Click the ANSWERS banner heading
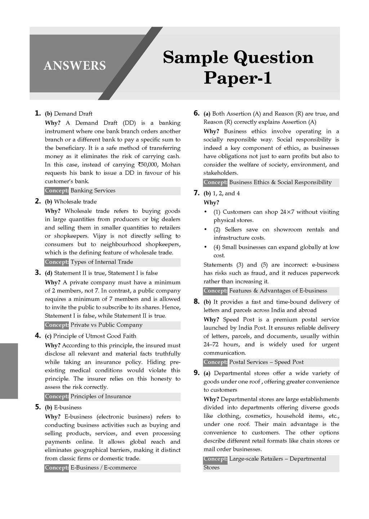coord(75,66)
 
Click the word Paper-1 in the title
coord(237,78)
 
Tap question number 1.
coord(37,113)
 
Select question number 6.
coord(196,113)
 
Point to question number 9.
coord(196,373)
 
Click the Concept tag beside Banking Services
coord(57,191)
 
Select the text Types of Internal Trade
coord(102,262)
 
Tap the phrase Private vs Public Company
coord(106,325)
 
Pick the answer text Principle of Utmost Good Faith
coord(95,336)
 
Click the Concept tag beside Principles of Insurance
coord(57,396)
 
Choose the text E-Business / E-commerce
coord(103,468)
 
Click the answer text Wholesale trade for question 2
coord(75,201)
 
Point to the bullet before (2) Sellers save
coord(205,230)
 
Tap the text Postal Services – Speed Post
coord(266,362)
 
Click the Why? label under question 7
coord(211,203)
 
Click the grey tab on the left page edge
coord(9,371)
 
